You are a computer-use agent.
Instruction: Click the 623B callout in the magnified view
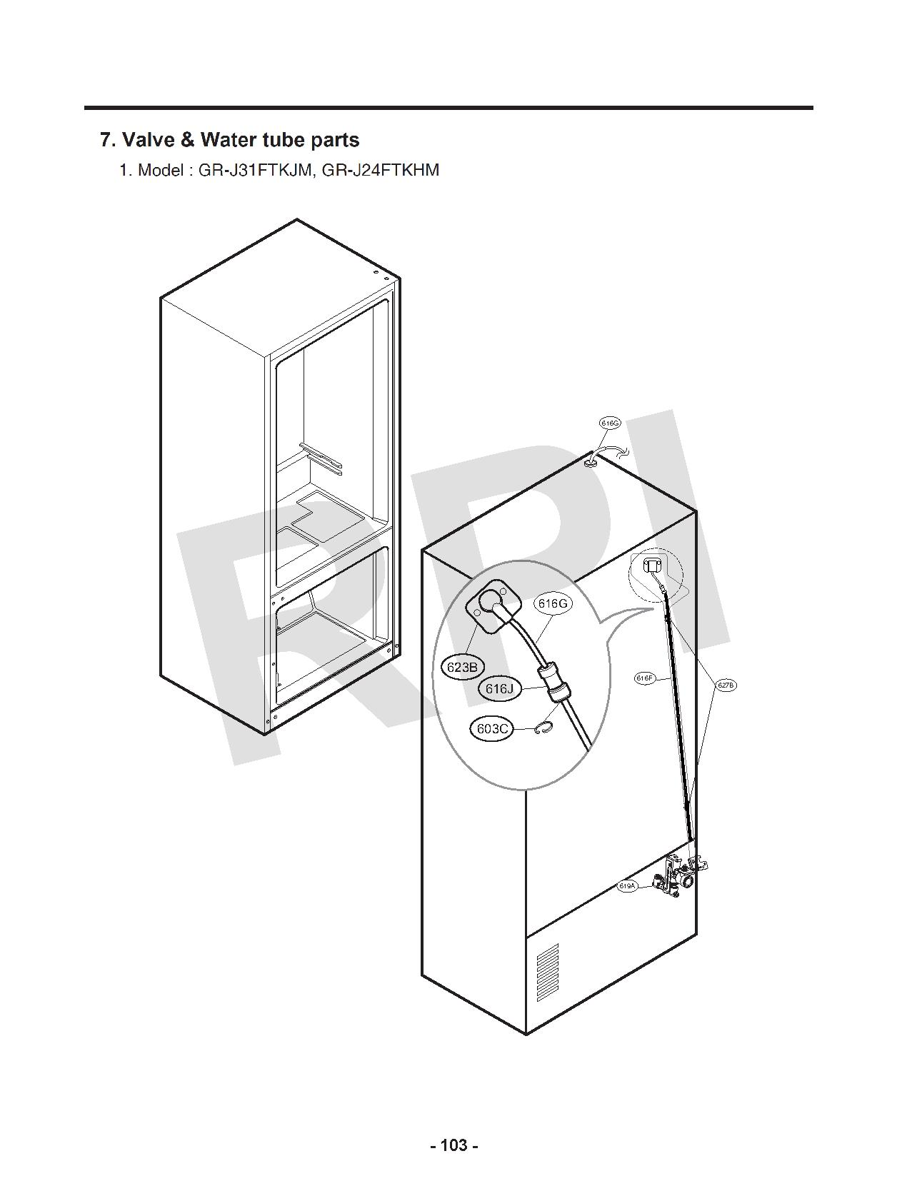[462, 667]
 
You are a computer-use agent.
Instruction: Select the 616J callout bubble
[499, 689]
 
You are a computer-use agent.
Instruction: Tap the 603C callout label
[492, 729]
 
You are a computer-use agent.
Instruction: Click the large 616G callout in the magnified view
[553, 604]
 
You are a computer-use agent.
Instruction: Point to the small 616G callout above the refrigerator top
[609, 423]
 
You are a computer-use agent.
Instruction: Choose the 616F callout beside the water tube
[644, 678]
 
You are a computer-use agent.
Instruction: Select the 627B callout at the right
[725, 685]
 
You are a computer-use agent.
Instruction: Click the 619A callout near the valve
[626, 886]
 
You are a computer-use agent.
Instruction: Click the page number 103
[454, 1146]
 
